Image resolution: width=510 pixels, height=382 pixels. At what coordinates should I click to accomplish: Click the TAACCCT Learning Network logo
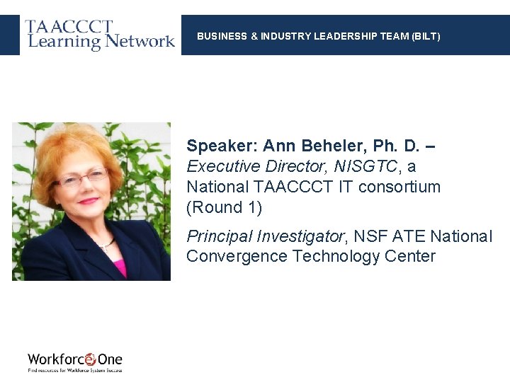[x=100, y=34]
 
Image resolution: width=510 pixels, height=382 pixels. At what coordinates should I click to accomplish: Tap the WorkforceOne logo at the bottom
[x=75, y=361]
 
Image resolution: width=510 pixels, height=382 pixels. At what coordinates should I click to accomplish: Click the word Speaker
[x=221, y=146]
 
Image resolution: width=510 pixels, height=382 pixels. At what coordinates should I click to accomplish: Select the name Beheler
[x=334, y=146]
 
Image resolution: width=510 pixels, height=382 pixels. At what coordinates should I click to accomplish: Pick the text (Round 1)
[x=224, y=208]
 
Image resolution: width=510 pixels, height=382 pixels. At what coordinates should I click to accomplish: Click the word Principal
[x=220, y=236]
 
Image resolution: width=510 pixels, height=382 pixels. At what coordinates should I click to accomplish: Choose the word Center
[x=411, y=256]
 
